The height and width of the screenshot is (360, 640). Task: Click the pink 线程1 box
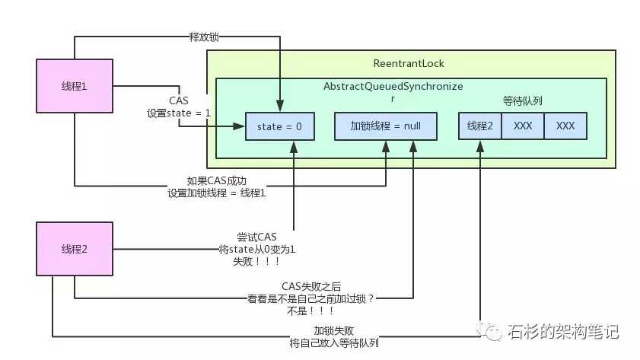click(74, 87)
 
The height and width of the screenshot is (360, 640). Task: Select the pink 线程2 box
click(74, 248)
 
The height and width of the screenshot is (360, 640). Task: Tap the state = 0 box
click(278, 126)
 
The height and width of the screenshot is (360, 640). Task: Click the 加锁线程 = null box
click(386, 126)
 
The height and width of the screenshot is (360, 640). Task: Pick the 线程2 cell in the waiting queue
click(480, 126)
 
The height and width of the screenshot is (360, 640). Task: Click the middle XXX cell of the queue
click(523, 126)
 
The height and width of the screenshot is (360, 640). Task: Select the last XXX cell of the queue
click(565, 126)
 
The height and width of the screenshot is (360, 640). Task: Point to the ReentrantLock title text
click(409, 63)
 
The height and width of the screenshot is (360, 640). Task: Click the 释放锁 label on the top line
click(204, 36)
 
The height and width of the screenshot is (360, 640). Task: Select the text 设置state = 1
click(179, 113)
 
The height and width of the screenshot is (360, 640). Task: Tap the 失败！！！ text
click(256, 260)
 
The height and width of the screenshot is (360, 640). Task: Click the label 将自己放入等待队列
click(334, 342)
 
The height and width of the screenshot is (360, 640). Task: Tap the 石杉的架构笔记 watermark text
click(564, 332)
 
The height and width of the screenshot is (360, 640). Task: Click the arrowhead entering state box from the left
click(241, 126)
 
